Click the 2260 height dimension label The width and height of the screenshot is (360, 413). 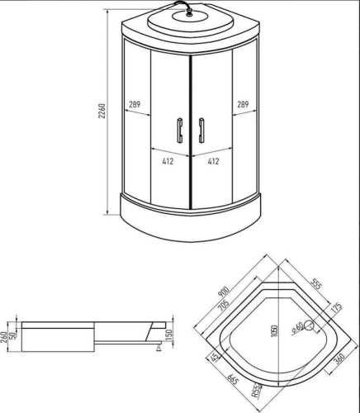[x=102, y=111]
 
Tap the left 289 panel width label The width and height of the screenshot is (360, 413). [x=135, y=104]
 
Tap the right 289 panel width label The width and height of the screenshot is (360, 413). [x=243, y=104]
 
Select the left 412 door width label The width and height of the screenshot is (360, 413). [x=168, y=161]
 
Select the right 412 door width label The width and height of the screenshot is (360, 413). [x=213, y=161]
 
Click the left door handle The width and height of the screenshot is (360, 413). [x=180, y=131]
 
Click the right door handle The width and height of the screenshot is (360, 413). [x=201, y=131]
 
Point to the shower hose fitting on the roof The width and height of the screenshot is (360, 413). [x=189, y=12]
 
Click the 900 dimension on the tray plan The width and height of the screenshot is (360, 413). [x=223, y=292]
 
